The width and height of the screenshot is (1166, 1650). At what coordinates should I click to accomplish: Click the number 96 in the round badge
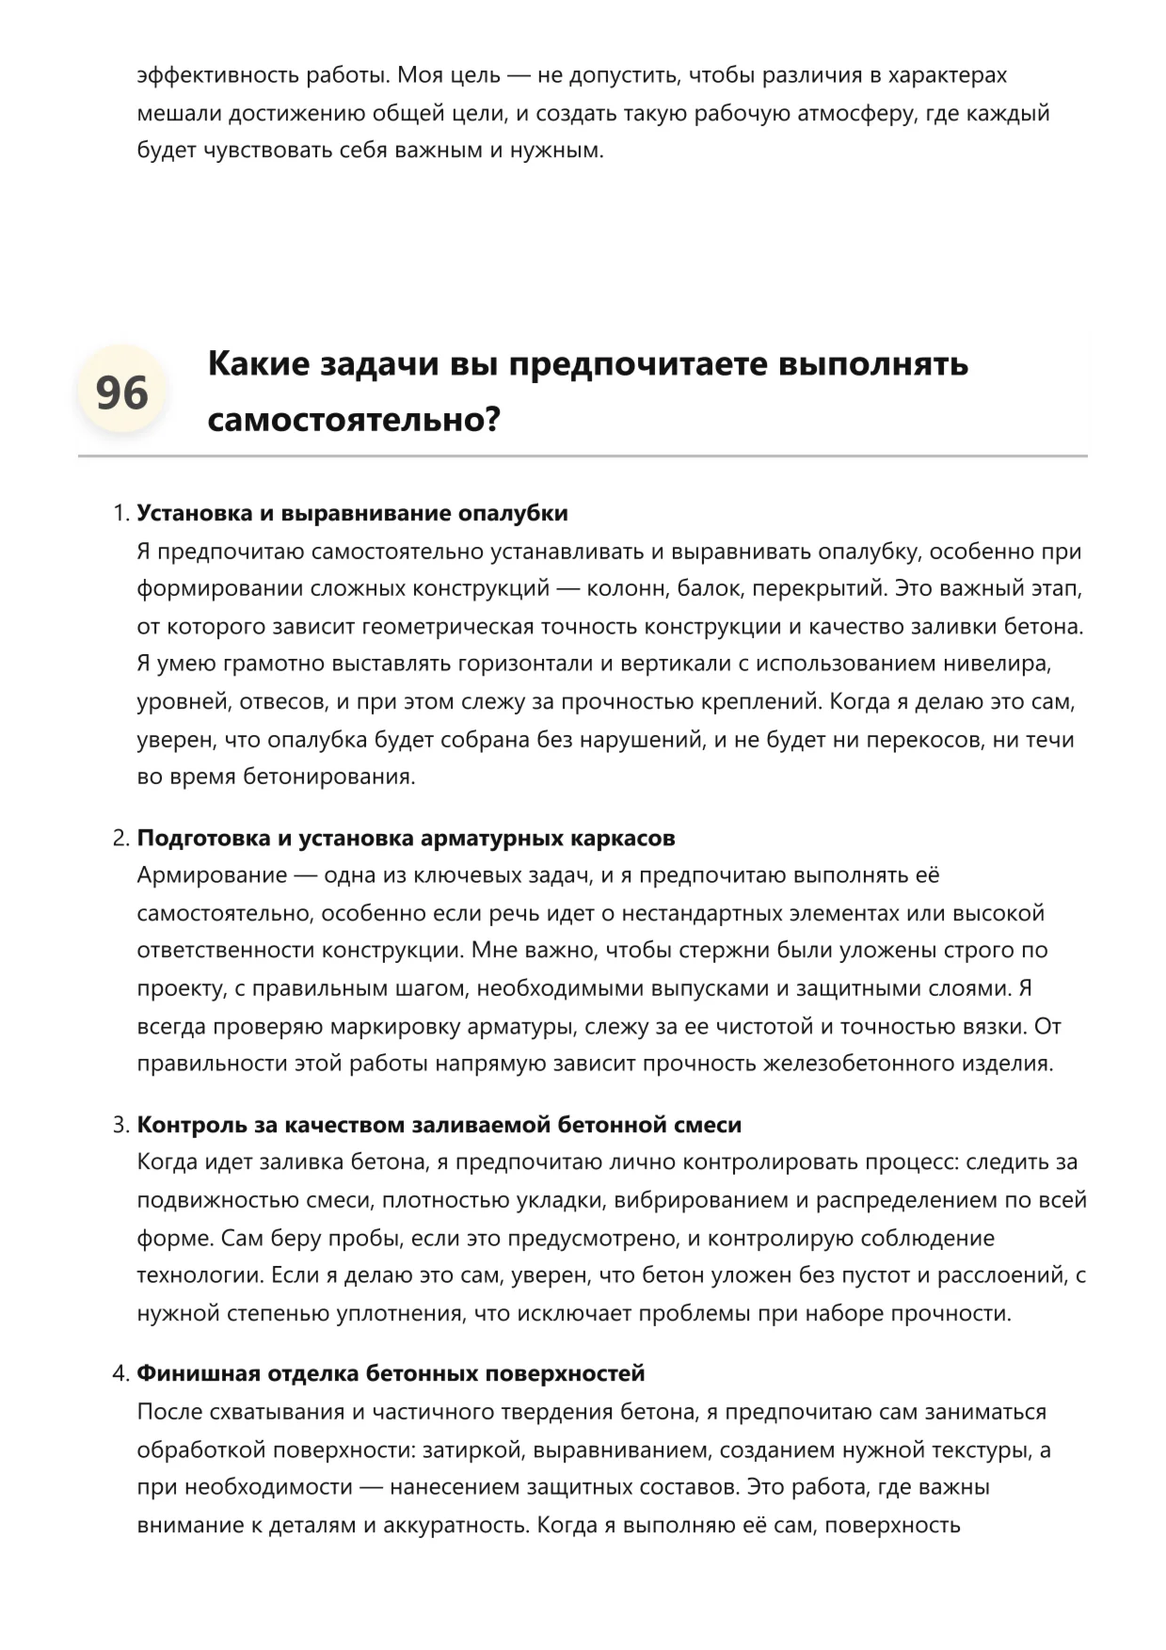point(121,392)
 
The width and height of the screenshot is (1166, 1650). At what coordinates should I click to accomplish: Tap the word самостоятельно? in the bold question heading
point(354,420)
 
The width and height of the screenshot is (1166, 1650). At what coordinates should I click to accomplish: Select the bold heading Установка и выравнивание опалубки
point(352,513)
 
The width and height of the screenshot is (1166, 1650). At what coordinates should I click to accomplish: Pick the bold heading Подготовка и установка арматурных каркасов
point(406,838)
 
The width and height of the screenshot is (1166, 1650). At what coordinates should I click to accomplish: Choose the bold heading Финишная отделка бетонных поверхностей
point(391,1373)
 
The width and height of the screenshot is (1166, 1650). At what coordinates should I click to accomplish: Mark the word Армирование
point(212,875)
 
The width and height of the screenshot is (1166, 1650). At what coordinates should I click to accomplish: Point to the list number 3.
point(119,1125)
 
